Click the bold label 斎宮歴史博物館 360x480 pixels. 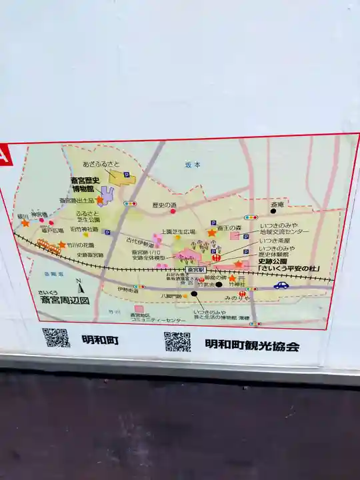(x=85, y=184)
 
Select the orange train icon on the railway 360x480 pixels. (x=47, y=245)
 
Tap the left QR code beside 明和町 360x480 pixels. (x=55, y=337)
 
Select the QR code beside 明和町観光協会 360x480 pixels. (x=177, y=341)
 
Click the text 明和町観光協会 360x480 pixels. (x=252, y=345)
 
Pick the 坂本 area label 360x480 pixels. (x=193, y=165)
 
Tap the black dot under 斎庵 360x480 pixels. (x=273, y=211)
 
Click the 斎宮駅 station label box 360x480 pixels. (x=195, y=270)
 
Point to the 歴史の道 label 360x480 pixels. (x=165, y=205)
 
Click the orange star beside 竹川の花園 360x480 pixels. (x=62, y=245)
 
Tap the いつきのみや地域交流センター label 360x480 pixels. (x=284, y=227)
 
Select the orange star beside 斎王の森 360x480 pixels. (x=212, y=233)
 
